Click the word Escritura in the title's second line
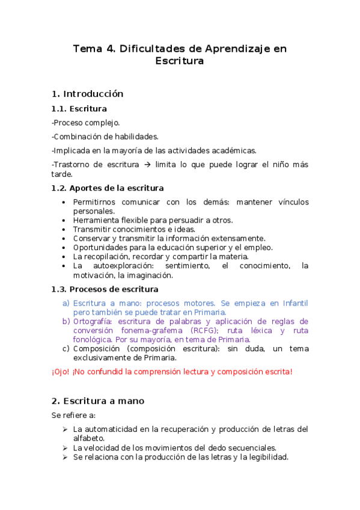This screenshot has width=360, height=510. tap(180, 61)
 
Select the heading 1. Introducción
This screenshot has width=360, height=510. tap(87, 94)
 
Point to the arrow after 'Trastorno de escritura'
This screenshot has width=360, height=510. tap(147, 164)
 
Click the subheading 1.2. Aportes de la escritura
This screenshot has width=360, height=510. tap(107, 188)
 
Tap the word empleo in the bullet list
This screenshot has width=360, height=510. tap(259, 247)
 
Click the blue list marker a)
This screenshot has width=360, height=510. tap(66, 303)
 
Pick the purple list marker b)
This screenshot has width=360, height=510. tap(66, 321)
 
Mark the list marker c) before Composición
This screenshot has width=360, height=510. tap(66, 348)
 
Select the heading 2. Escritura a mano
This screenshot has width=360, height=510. tap(97, 401)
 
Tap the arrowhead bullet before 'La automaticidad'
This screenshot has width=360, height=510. tap(64, 429)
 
